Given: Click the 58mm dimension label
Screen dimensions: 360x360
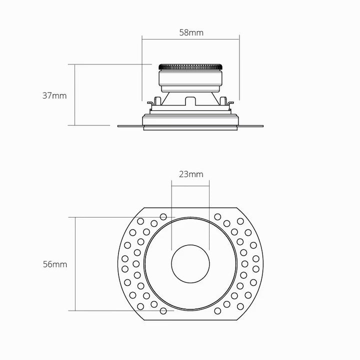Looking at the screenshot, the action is click(191, 32).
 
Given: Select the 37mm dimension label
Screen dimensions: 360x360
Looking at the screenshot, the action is click(54, 95).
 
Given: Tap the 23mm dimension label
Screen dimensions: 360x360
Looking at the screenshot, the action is click(191, 174).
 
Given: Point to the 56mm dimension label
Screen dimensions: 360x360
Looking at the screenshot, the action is click(55, 264).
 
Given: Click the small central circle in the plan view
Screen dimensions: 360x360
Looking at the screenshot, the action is click(190, 264).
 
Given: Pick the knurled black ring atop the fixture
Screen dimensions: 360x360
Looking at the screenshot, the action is click(190, 67).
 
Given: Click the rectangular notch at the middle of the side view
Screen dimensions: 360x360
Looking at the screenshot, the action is click(190, 101).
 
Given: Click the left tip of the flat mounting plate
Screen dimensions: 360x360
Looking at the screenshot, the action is click(118, 126).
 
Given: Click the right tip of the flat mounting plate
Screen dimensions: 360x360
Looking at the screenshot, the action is click(263, 126).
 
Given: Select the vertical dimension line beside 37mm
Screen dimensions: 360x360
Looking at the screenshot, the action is click(75, 95).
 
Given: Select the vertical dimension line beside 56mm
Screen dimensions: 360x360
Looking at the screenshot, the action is click(75, 264).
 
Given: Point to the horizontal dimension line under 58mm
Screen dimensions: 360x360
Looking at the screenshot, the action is click(190, 39).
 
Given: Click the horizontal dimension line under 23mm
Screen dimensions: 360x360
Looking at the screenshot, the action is click(190, 186).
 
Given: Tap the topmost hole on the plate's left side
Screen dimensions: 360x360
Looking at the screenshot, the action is click(163, 216).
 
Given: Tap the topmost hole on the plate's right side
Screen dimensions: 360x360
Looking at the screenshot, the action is click(217, 216).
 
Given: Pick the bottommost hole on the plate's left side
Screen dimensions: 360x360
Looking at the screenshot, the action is click(163, 311).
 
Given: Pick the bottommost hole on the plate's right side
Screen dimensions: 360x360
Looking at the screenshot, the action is click(217, 311).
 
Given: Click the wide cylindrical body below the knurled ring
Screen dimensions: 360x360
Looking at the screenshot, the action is click(190, 78).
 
